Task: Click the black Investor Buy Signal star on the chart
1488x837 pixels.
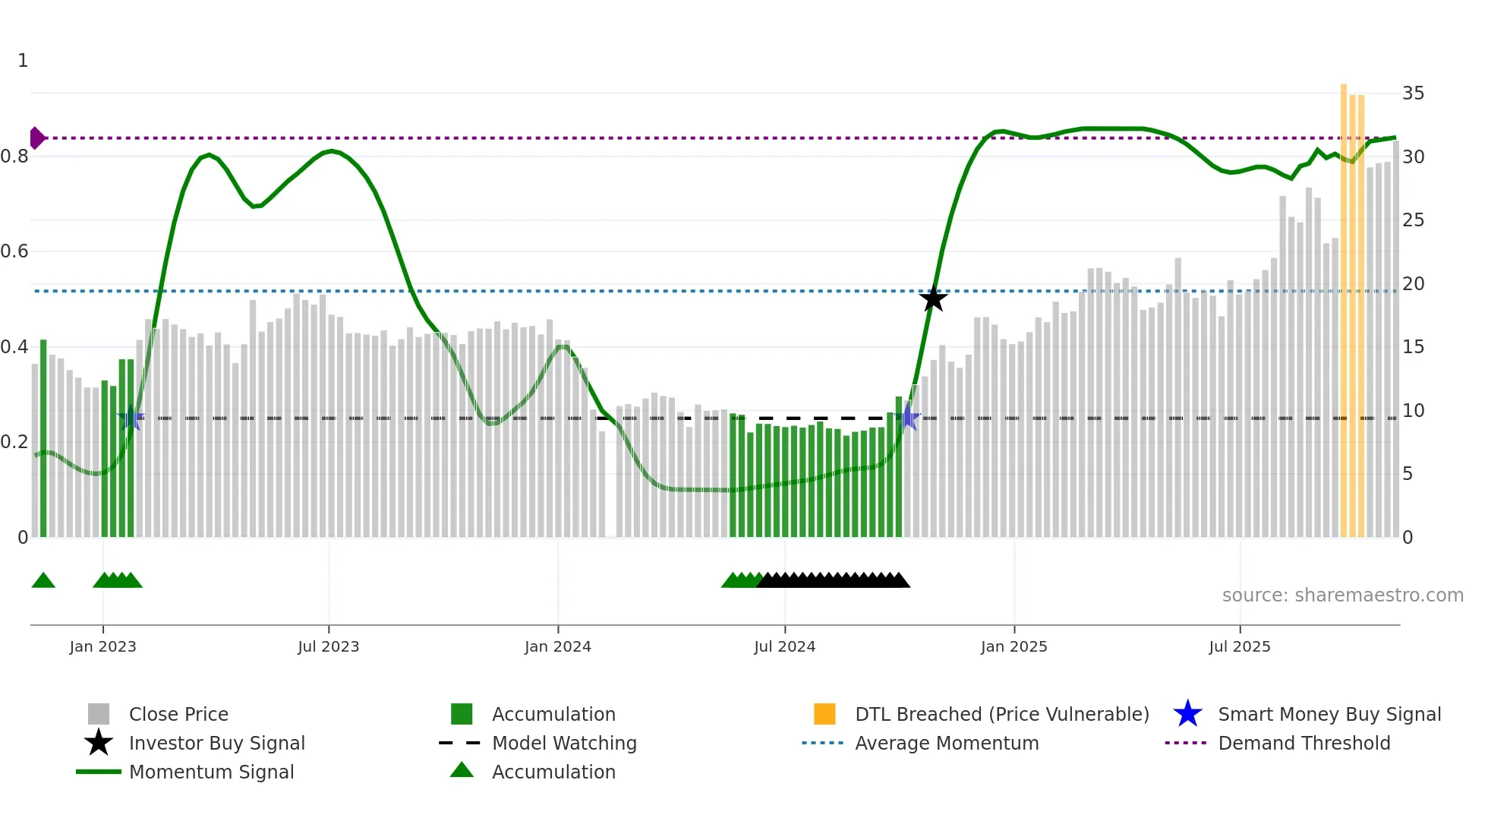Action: pyautogui.click(x=933, y=298)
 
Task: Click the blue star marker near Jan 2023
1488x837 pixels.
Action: pyautogui.click(x=131, y=417)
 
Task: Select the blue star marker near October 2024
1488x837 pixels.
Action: pyautogui.click(x=909, y=417)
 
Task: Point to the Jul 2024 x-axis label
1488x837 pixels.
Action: pyautogui.click(x=784, y=646)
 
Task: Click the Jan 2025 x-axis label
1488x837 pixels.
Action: pyautogui.click(x=1014, y=646)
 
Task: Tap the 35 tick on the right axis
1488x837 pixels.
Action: pyautogui.click(x=1413, y=93)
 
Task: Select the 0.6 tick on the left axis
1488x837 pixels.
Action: pyautogui.click(x=14, y=251)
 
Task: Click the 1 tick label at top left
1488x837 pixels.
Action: pyautogui.click(x=23, y=61)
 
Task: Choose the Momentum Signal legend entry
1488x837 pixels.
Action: pyautogui.click(x=211, y=772)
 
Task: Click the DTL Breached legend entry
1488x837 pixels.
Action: pyautogui.click(x=1001, y=714)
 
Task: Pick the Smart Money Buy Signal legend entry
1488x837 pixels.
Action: pyautogui.click(x=1329, y=714)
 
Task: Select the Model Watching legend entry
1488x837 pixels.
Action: pyautogui.click(x=563, y=743)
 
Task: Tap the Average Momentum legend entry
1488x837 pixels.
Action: pyautogui.click(x=946, y=743)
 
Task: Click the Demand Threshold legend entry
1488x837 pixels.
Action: pyautogui.click(x=1304, y=743)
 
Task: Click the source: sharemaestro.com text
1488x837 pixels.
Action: pyautogui.click(x=1342, y=595)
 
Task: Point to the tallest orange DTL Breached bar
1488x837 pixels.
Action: pyautogui.click(x=1343, y=304)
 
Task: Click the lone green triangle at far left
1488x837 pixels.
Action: pyautogui.click(x=43, y=581)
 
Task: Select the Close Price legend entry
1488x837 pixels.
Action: pyautogui.click(x=178, y=714)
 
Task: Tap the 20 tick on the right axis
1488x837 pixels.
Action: pyautogui.click(x=1413, y=284)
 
